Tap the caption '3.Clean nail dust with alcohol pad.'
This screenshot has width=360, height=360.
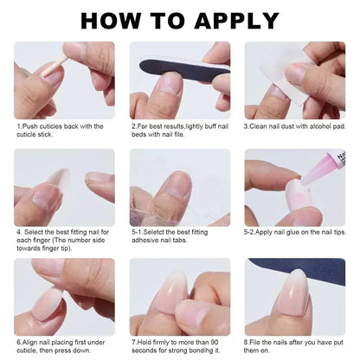[293, 126]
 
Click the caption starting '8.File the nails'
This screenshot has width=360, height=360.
[293, 345]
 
